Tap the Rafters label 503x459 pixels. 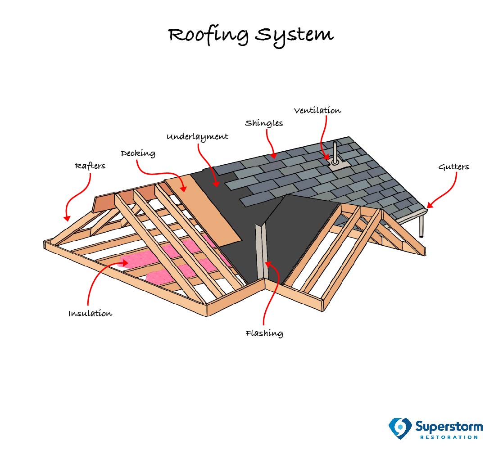tap(90, 166)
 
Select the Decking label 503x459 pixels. tap(138, 153)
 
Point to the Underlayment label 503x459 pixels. tap(197, 136)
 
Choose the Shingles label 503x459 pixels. tap(264, 123)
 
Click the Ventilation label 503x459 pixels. tap(317, 110)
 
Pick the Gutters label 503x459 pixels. tap(453, 167)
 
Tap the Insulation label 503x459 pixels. tap(90, 313)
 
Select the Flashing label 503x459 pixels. tap(264, 333)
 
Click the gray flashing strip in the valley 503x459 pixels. tap(260, 252)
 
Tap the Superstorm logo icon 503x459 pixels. tap(400, 427)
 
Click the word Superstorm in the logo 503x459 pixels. tap(449, 426)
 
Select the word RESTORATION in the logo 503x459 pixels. tap(449, 437)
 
